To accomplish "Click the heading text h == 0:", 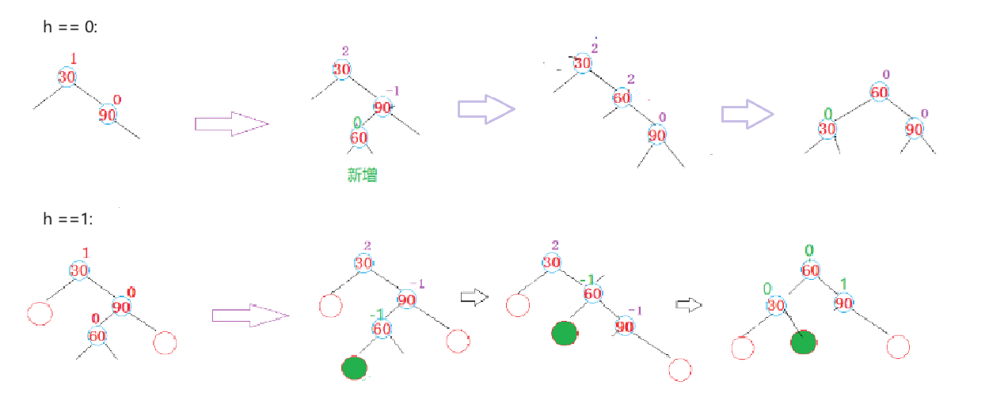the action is click(x=70, y=28).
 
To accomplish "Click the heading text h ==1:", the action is click(x=68, y=219).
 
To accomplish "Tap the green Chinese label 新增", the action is click(x=363, y=175).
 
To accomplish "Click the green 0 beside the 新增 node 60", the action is click(x=357, y=123).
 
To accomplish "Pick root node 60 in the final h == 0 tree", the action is click(x=879, y=92).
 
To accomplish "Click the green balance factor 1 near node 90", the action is click(x=843, y=284).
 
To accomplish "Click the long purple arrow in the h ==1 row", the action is click(x=249, y=315).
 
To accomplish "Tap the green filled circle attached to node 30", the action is click(x=803, y=342).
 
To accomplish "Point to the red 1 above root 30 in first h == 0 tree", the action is click(x=74, y=58).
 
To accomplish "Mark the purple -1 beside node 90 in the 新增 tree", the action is click(x=393, y=91).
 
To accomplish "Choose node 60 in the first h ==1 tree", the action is click(x=98, y=336).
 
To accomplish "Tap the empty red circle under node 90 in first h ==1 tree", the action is click(x=165, y=343).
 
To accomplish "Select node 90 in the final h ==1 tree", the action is click(x=843, y=303).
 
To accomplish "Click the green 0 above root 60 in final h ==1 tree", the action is click(x=809, y=251).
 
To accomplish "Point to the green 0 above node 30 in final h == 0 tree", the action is click(x=828, y=114).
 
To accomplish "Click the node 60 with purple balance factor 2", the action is click(x=622, y=98).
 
